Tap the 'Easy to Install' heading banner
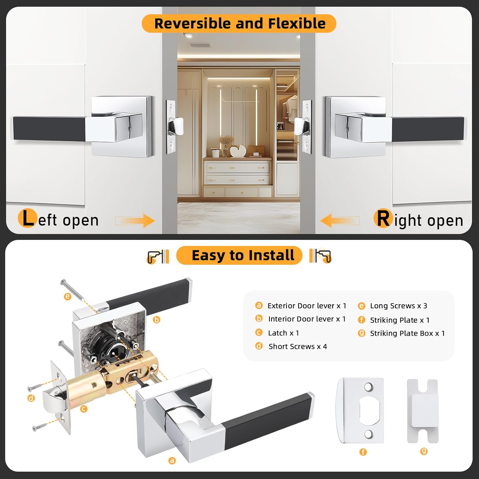click(239, 255)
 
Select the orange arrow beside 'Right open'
click(339, 220)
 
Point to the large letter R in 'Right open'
click(383, 219)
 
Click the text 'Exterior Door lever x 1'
click(307, 306)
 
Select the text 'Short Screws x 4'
click(298, 346)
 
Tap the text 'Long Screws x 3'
click(398, 306)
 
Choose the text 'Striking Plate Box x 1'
click(407, 333)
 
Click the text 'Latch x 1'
click(283, 333)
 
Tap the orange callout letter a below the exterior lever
click(172, 460)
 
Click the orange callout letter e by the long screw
click(67, 297)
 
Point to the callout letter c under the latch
click(84, 409)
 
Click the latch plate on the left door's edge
click(171, 127)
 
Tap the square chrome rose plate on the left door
click(121, 126)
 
